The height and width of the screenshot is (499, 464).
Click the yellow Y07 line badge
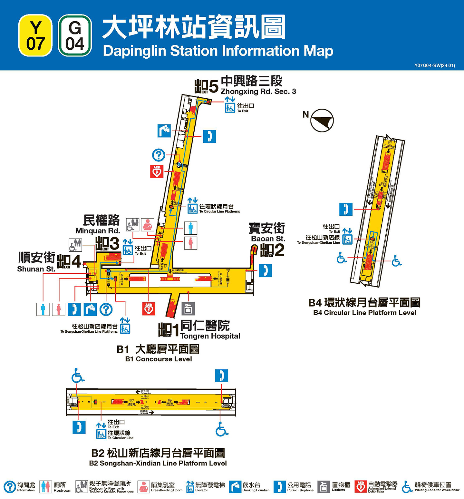35,36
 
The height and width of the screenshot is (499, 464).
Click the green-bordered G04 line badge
75,36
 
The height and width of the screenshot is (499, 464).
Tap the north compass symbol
322,120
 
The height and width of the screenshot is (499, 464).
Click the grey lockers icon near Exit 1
188,309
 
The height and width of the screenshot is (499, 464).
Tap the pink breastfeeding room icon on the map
148,224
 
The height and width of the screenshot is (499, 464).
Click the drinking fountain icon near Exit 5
164,131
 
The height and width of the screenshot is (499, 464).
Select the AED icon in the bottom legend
361,486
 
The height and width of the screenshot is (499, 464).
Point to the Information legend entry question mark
10,487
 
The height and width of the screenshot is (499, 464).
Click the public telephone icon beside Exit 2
265,270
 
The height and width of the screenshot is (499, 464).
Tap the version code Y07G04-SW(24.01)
434,65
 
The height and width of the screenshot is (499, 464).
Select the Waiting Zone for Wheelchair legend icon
407,487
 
